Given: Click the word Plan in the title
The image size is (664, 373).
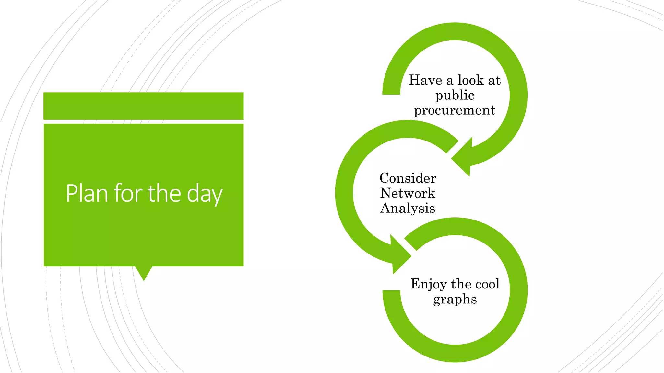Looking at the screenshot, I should (87, 193).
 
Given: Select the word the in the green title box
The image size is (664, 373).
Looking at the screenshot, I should (164, 193).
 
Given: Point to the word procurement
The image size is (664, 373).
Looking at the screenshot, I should (455, 110).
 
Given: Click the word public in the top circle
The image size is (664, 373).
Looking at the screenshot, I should (455, 96).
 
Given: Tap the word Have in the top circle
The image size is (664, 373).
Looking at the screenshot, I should (425, 80).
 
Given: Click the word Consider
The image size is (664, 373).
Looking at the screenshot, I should (408, 178).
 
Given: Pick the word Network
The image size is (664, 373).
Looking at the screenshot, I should (408, 193).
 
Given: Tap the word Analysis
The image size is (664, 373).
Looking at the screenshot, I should (408, 208).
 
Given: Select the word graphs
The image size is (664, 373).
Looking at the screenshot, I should (455, 299).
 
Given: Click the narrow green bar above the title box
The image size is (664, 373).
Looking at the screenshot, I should (143, 106).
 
